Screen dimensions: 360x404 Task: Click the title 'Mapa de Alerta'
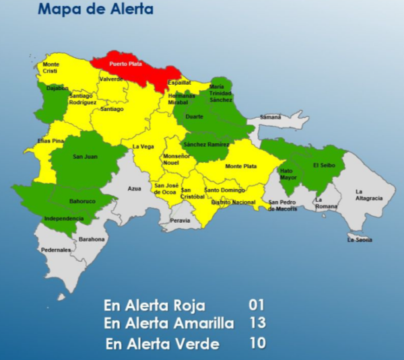point(95,9)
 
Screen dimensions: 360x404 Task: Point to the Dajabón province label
point(58,88)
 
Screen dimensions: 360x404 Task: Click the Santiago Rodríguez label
point(81,100)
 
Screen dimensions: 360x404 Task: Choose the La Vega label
point(142,146)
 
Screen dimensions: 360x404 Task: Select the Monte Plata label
point(240,166)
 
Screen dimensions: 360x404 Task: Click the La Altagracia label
point(368,195)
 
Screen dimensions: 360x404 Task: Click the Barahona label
point(92,239)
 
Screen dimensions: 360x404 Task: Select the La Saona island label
point(360,240)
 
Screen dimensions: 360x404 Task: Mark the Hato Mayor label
point(287,174)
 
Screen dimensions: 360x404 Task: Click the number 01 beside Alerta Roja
point(255,304)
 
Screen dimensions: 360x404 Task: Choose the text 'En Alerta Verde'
point(162,344)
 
